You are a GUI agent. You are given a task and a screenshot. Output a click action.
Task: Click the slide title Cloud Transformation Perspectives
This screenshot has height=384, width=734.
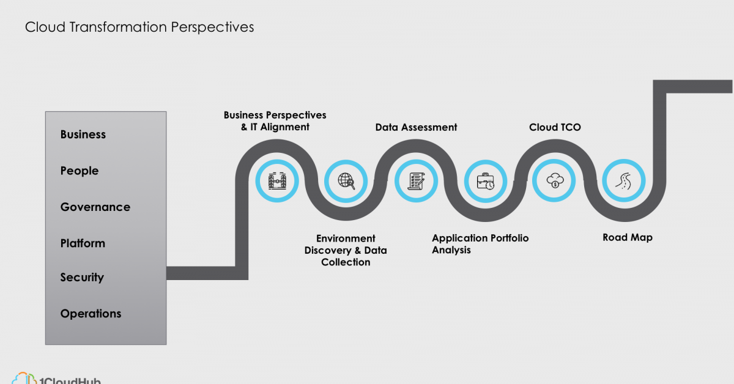point(139,27)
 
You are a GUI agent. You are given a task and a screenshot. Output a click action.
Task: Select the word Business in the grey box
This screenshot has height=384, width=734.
point(83,135)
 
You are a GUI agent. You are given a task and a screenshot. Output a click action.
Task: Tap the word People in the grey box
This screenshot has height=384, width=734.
point(80,171)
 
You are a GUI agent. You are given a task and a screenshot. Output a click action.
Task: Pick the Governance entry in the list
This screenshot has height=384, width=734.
point(95,207)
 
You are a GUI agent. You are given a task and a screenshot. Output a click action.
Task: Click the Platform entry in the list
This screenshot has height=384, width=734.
point(83,243)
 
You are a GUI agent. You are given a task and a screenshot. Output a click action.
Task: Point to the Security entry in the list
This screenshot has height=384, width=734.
point(82,278)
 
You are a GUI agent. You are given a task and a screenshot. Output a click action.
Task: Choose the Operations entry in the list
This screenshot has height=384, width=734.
point(91,314)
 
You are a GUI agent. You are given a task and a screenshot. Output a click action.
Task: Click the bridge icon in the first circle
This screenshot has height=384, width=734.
point(277,181)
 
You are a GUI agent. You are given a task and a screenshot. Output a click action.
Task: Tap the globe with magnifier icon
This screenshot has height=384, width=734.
point(346,181)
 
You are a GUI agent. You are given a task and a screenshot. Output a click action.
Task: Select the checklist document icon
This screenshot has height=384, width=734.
point(416,181)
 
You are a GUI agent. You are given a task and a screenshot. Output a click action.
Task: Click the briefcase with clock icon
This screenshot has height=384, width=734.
point(486,181)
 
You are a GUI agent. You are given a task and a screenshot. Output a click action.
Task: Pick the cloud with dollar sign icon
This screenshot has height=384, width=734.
point(555,180)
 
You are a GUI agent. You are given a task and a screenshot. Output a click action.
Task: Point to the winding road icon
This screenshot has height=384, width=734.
point(624,181)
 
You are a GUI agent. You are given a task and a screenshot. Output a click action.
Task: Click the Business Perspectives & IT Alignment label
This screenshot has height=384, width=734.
point(275,121)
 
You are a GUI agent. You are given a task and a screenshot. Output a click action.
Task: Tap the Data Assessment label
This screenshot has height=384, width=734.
point(416,127)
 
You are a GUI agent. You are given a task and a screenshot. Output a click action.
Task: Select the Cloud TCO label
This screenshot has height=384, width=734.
point(555,127)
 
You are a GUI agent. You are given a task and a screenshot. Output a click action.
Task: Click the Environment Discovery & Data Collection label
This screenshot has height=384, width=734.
point(346,250)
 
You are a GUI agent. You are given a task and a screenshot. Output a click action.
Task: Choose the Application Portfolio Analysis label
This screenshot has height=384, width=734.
point(480,244)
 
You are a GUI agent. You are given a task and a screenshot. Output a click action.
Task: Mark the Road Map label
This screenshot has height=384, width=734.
point(628,237)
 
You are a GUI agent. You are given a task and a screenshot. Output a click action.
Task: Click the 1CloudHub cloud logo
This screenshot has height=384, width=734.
point(24,378)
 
